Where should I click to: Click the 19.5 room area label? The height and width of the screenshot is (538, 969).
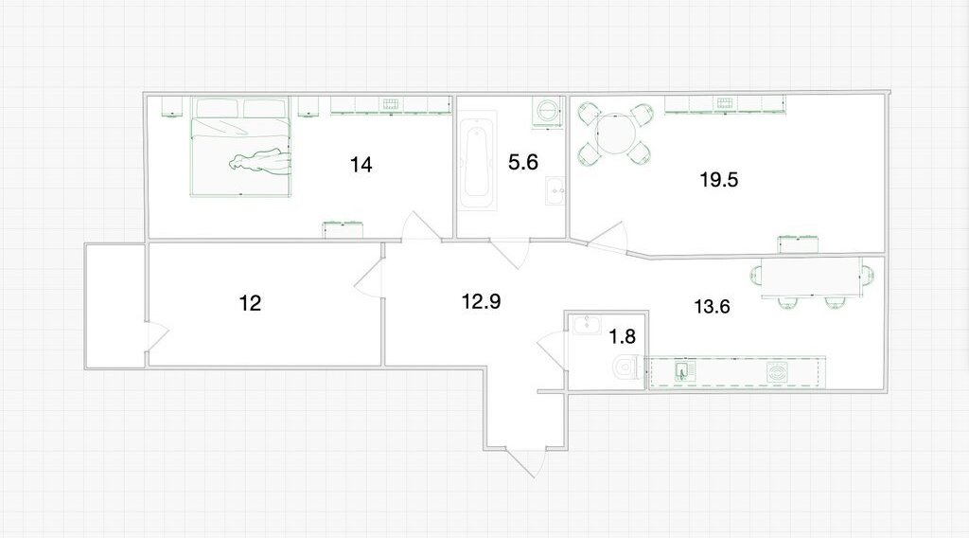[x=719, y=180]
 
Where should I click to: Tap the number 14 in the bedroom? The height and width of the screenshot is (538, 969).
[x=361, y=165]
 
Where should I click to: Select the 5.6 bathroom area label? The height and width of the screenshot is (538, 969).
[x=522, y=162]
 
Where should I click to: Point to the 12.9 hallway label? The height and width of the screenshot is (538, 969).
[x=481, y=301]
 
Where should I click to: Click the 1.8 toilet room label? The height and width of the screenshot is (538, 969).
[x=622, y=336]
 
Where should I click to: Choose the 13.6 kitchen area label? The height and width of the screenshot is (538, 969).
[x=712, y=306]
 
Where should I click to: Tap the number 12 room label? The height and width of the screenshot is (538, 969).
[x=250, y=303]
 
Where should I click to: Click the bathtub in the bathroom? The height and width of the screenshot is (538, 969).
[x=478, y=161]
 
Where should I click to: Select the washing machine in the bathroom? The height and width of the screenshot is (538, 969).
[x=547, y=112]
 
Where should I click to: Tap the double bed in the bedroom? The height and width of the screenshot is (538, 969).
[x=239, y=147]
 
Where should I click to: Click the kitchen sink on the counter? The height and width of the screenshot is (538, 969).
[x=684, y=371]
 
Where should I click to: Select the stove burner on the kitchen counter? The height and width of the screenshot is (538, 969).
[x=777, y=372]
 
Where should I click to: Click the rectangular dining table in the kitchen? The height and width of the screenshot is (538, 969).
[x=811, y=277]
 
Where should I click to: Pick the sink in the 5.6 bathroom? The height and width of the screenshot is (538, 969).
[x=555, y=190]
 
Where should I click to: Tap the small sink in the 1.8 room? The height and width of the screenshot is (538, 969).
[x=587, y=324]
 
